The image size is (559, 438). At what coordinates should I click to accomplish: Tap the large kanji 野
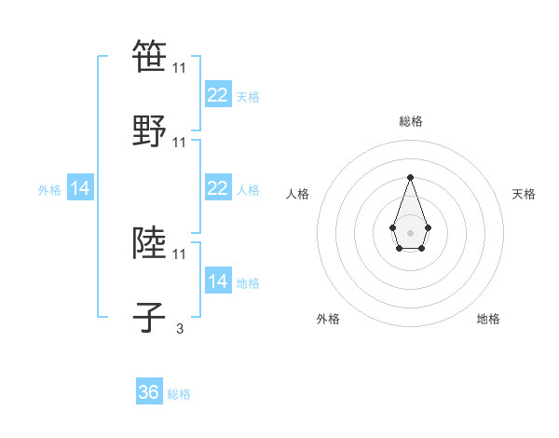click(149, 131)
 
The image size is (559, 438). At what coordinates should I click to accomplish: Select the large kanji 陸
click(149, 243)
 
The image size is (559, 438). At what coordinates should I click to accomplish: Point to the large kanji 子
click(149, 318)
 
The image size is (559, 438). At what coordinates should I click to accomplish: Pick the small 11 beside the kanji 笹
click(179, 68)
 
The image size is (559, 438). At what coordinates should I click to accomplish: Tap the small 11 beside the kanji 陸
click(179, 253)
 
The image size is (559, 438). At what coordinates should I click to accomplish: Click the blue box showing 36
click(149, 392)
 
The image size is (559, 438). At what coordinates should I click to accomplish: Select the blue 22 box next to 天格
click(217, 95)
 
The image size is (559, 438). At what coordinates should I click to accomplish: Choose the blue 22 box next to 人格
click(217, 188)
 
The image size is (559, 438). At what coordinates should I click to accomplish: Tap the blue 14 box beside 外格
click(80, 188)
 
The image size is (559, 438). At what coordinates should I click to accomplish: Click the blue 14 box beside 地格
click(217, 281)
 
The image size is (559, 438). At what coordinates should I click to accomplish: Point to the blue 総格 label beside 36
click(179, 394)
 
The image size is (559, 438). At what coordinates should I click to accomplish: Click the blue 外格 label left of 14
click(49, 189)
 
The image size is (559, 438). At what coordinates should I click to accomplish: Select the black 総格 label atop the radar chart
click(411, 121)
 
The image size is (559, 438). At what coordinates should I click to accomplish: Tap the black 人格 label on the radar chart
click(298, 194)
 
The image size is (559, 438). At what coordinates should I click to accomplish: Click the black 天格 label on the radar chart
click(524, 194)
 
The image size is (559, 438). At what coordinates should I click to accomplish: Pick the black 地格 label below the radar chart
click(488, 319)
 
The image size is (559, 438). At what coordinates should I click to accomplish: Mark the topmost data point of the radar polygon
click(410, 177)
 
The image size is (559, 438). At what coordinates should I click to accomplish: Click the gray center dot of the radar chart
click(410, 231)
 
